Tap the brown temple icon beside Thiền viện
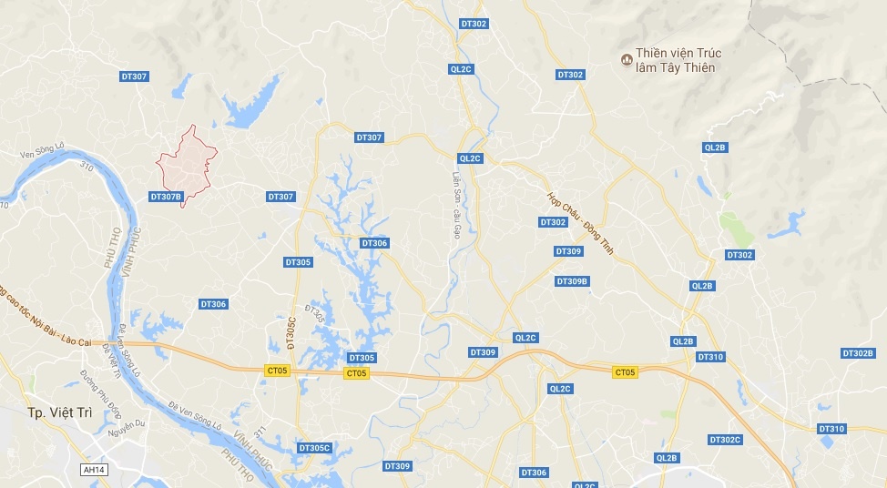point(627,60)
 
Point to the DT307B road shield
point(166,196)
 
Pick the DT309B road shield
point(572,281)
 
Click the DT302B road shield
point(858,353)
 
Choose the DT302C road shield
point(726,440)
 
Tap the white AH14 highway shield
point(93,470)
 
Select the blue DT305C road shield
point(314,448)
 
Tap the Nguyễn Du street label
point(127,424)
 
